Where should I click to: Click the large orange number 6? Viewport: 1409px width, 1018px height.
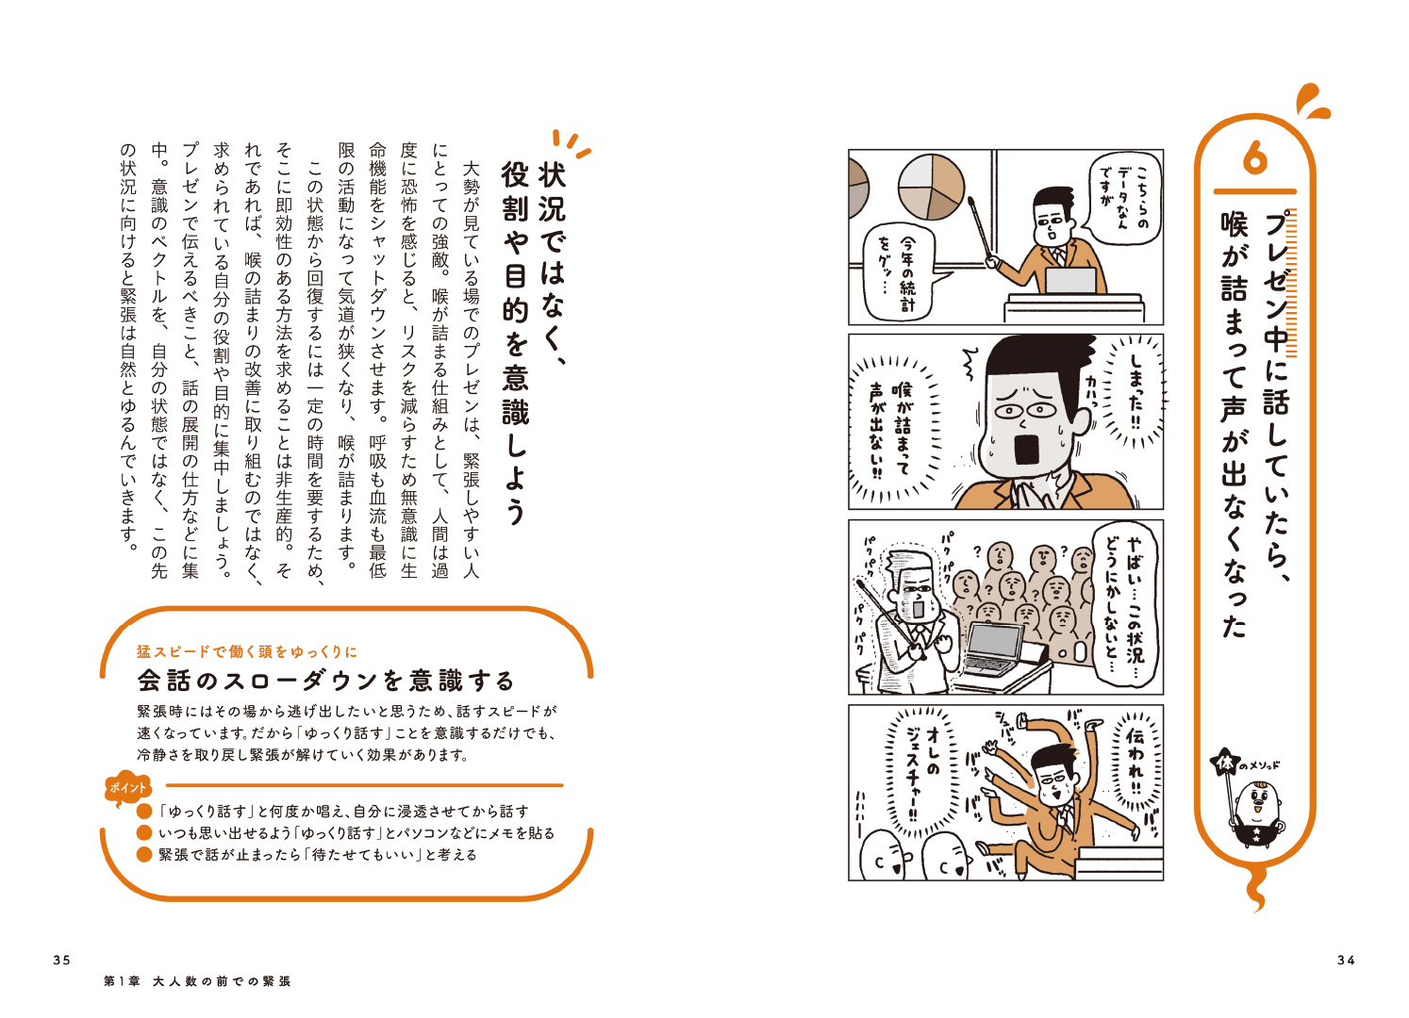1254,160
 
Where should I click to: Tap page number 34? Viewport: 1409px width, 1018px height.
1346,960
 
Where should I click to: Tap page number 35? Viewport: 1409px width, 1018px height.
62,960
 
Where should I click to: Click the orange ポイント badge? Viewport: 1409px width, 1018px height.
127,788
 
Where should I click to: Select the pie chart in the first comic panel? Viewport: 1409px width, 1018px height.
932,186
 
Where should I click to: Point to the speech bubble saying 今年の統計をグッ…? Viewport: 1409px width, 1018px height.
900,275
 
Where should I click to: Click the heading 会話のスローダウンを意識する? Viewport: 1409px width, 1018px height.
325,681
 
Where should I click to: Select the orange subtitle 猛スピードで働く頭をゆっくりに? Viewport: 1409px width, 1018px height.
247,651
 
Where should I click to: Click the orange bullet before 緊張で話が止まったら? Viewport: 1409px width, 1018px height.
144,855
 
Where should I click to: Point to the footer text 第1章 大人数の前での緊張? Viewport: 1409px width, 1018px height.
197,981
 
